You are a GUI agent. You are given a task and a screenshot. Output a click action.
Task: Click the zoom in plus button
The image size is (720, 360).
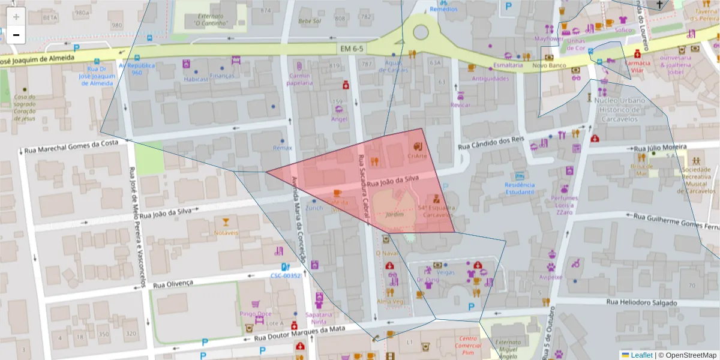16,17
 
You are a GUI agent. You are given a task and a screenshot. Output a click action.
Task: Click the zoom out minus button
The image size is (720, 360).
16,35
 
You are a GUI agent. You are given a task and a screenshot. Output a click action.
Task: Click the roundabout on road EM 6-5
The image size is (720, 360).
421,31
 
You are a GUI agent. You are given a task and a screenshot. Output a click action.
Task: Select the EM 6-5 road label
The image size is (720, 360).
352,47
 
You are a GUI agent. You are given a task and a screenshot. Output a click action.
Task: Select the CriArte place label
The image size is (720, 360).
417,156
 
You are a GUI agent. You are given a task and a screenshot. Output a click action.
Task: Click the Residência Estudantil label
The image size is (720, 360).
520,188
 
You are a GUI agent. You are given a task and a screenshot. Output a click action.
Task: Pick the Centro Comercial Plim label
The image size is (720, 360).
468,346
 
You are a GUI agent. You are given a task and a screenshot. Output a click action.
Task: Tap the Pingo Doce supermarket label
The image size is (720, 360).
256,314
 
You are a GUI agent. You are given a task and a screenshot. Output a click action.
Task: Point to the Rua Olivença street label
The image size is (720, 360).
173,284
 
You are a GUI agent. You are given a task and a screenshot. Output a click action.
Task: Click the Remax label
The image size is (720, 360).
282,148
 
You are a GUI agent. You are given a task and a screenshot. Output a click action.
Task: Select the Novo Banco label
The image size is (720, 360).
549,65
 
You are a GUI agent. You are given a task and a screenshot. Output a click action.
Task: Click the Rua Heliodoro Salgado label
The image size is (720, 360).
641,302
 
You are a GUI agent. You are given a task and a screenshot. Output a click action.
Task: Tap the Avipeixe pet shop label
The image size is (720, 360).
550,277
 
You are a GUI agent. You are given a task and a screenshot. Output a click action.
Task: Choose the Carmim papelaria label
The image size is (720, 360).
300,79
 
